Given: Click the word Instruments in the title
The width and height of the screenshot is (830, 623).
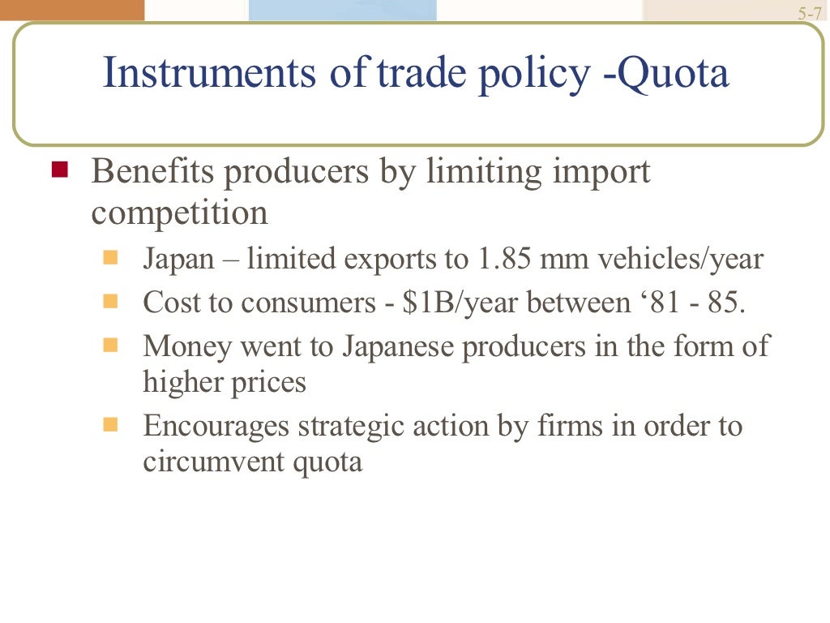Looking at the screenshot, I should click(x=207, y=74).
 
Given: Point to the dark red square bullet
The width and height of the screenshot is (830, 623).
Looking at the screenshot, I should click(x=59, y=170).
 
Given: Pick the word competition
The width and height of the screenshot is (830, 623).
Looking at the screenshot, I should click(x=179, y=213).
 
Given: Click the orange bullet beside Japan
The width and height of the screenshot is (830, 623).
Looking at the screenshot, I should click(x=111, y=259).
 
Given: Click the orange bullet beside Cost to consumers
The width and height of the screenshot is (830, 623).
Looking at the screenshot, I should click(x=111, y=302).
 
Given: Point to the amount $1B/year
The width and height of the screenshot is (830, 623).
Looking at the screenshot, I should click(x=461, y=303).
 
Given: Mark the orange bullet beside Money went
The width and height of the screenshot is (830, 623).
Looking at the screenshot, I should click(x=111, y=345).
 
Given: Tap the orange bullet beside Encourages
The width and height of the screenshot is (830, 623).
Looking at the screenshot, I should click(x=111, y=423).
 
